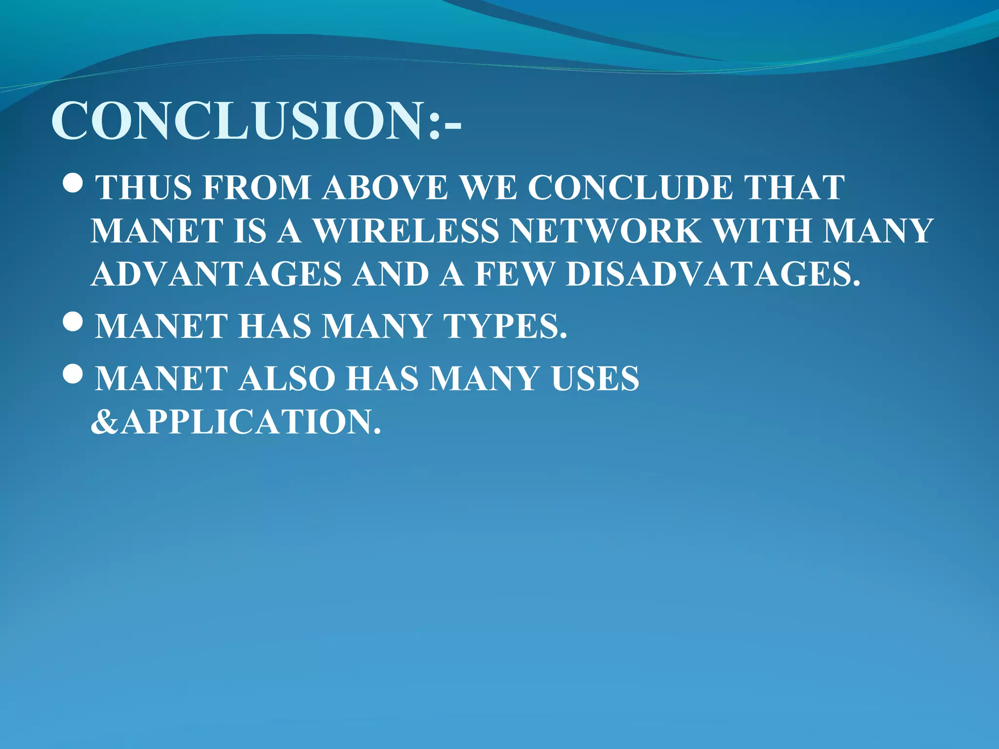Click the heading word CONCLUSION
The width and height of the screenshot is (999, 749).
239,120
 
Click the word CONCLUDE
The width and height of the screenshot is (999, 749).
630,187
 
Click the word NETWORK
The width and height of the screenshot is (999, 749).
605,230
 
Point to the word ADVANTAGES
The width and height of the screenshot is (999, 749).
216,274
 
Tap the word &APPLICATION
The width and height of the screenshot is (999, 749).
236,421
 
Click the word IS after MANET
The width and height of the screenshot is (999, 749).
250,230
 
